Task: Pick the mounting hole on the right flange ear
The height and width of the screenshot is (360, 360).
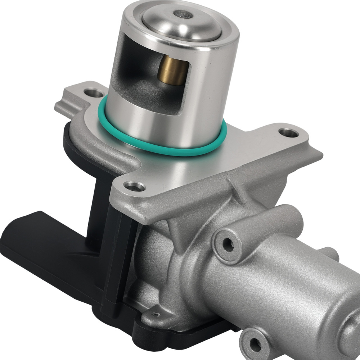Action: (289, 133)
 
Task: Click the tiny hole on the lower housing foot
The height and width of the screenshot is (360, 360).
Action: (156, 314)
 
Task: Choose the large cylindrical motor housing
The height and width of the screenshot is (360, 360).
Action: (295, 288)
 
